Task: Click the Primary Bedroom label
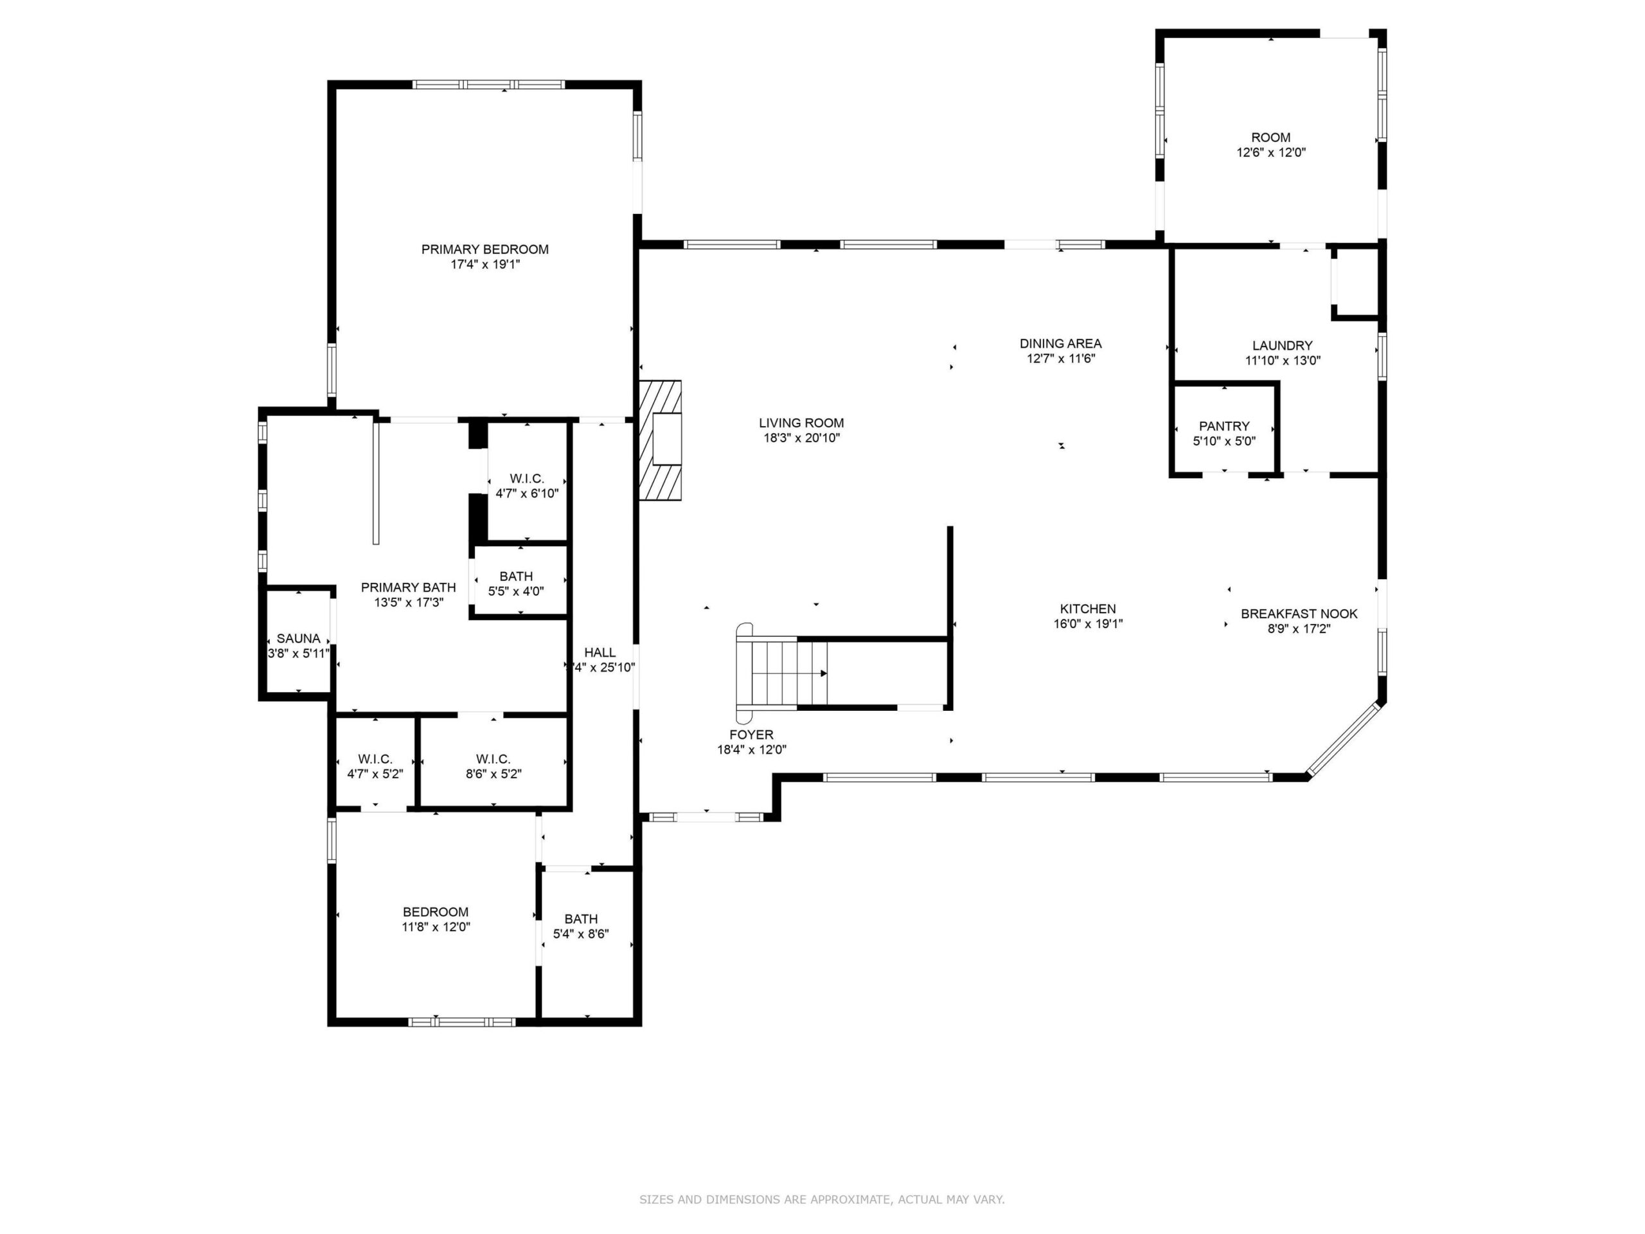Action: coord(485,249)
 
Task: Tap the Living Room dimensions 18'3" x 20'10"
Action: coord(802,438)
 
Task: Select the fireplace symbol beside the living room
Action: coord(661,440)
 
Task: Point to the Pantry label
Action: coord(1224,426)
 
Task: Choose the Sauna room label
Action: coord(298,638)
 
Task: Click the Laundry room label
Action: coord(1283,345)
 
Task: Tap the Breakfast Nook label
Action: coord(1299,614)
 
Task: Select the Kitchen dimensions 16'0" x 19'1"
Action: coord(1088,624)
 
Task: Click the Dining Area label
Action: coord(1060,344)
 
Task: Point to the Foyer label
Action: coord(751,735)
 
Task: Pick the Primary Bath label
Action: coord(408,587)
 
